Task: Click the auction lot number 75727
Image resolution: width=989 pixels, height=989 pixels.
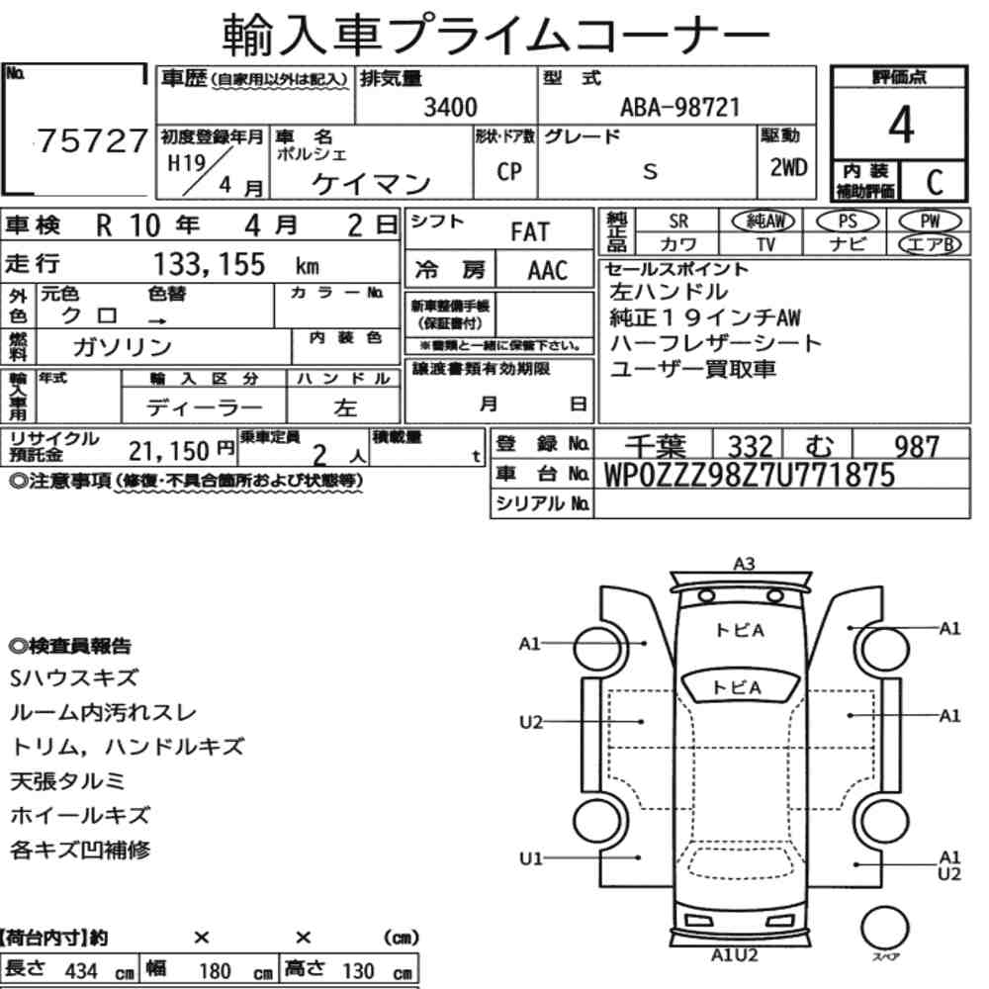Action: click(93, 140)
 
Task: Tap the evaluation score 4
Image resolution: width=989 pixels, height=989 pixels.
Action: click(901, 125)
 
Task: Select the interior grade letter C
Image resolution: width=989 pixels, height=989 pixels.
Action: click(935, 182)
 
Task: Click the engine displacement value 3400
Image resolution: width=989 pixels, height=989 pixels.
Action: click(450, 107)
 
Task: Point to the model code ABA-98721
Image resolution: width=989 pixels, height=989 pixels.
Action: click(679, 107)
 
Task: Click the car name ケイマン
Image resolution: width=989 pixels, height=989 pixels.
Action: click(372, 184)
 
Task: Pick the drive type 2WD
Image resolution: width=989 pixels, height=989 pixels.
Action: click(788, 167)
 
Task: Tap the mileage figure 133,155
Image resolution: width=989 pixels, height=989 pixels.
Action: click(210, 264)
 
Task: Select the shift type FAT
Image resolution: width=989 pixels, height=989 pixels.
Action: click(530, 231)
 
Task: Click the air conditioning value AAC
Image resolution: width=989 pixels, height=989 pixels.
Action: click(548, 270)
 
